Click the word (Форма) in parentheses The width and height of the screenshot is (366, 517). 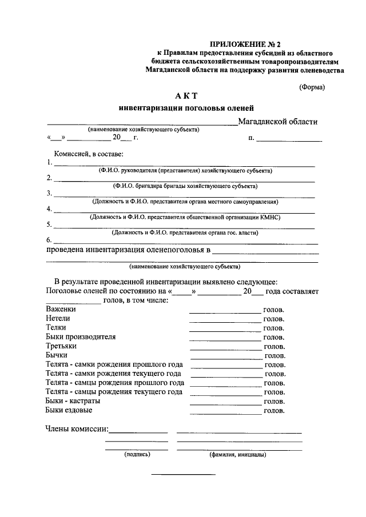click(x=312, y=87)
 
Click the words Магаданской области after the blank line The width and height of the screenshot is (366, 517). click(x=277, y=121)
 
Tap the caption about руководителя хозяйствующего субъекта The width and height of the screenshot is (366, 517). click(x=185, y=171)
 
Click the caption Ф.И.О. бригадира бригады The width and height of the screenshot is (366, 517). click(x=185, y=186)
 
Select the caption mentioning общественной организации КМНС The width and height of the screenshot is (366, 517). click(x=185, y=217)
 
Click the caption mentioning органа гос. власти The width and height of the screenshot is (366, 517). click(x=185, y=233)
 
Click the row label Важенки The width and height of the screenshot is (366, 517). click(x=61, y=308)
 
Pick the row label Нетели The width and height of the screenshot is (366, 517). click(x=58, y=318)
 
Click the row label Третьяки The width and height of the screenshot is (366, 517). click(x=61, y=346)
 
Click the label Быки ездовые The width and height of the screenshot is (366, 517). click(x=69, y=410)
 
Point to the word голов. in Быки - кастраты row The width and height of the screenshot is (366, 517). click(x=274, y=402)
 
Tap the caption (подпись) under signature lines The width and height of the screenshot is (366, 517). click(x=137, y=455)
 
